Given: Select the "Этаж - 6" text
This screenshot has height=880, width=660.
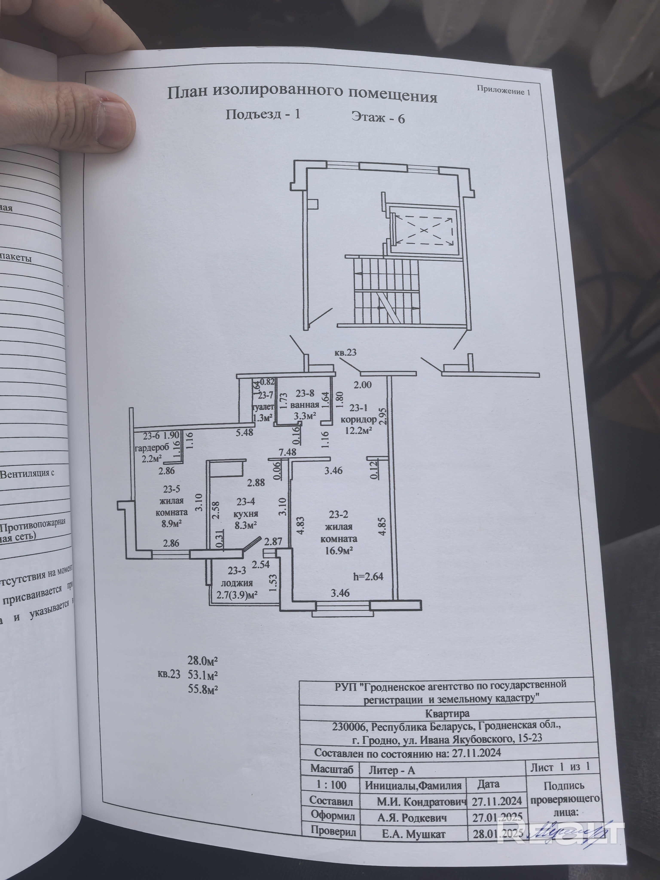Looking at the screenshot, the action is [x=378, y=118].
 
